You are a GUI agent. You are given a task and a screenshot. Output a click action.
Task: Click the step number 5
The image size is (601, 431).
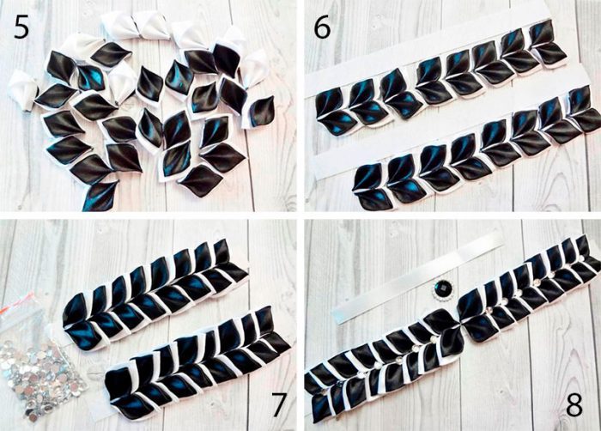[21, 27]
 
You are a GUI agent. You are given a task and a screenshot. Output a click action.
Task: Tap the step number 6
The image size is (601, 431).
[322, 27]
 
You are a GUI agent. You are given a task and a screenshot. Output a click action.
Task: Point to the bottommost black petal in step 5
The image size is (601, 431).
[100, 196]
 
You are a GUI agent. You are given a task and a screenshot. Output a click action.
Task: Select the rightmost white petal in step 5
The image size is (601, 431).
[256, 68]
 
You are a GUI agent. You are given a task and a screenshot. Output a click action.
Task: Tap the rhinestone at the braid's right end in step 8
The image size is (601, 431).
[581, 258]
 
